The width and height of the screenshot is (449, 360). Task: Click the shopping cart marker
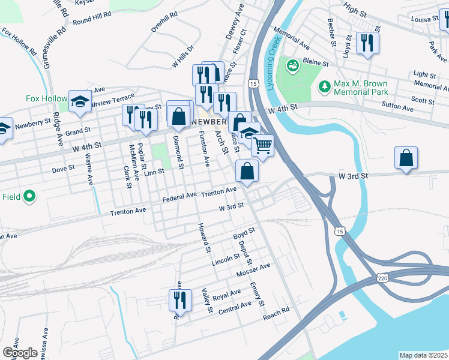[x=262, y=145]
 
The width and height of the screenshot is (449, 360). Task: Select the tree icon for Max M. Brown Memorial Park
[x=325, y=87]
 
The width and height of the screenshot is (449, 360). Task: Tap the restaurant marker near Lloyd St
[x=367, y=43]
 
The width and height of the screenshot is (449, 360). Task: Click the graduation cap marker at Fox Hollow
[x=79, y=101]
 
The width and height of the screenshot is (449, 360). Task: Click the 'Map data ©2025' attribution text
[x=423, y=355]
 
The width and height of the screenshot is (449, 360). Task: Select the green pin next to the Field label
[x=28, y=196]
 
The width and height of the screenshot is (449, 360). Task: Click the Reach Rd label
[x=276, y=313]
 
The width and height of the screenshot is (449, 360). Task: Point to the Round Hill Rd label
[x=92, y=17]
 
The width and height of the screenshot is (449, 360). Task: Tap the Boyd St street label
[x=244, y=233]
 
